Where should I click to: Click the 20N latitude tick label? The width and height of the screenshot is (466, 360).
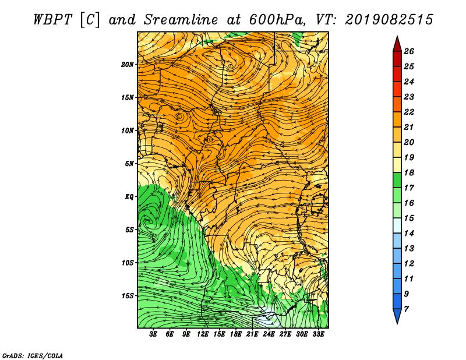tap(127, 65)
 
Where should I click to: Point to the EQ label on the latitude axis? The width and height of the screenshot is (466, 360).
tap(129, 197)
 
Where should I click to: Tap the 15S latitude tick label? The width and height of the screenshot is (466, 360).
tap(127, 296)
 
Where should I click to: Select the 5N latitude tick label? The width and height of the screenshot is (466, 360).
tap(129, 164)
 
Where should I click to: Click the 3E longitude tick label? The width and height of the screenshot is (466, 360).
tap(153, 334)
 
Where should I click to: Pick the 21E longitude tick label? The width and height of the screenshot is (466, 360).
tap(252, 334)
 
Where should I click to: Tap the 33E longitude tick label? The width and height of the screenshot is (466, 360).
tap(318, 334)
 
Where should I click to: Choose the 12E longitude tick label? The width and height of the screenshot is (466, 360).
tap(202, 334)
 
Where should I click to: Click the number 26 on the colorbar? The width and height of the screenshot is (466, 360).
tap(409, 51)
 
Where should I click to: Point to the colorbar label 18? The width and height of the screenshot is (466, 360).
tap(409, 172)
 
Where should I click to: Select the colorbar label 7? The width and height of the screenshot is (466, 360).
tap(406, 309)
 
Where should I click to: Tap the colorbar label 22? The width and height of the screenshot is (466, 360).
tap(409, 112)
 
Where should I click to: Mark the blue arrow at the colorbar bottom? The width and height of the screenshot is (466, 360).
tap(397, 315)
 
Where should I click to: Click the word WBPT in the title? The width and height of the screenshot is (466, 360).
tap(52, 20)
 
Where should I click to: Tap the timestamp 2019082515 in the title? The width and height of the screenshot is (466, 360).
tap(389, 20)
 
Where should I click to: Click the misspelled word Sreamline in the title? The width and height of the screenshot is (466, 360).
tap(181, 20)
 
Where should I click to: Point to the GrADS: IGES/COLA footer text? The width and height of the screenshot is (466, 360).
tap(33, 355)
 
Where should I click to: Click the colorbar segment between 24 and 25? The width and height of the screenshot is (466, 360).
tap(397, 74)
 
